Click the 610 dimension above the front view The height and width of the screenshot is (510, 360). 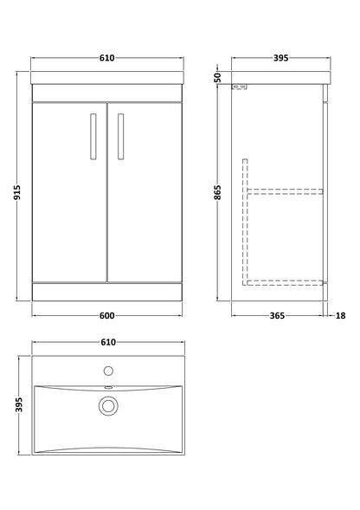coord(107,58)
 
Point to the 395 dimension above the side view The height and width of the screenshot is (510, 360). coord(280,58)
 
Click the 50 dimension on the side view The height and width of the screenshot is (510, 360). coord(219,77)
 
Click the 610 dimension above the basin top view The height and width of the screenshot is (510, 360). coord(107,342)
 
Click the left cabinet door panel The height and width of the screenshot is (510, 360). coord(68,190)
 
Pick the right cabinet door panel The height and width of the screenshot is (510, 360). coord(144,190)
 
